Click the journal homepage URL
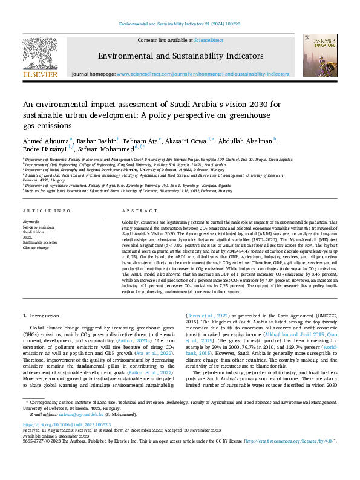click(x=203, y=73)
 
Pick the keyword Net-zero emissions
click(x=39, y=227)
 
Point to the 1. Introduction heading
click(x=41, y=316)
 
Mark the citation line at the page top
click(x=180, y=22)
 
